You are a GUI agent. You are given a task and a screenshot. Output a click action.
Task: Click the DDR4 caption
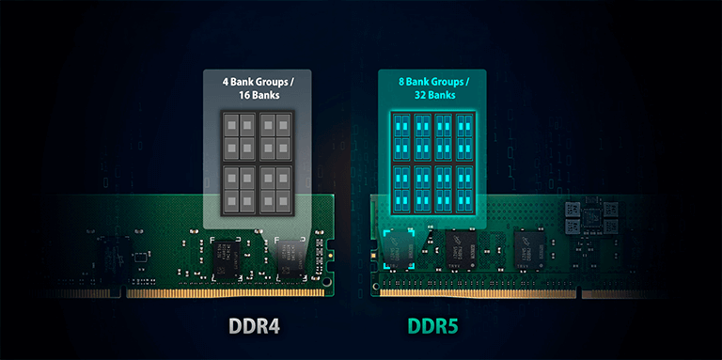coord(254,326)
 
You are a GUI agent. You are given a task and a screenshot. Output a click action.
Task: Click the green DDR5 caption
coord(432,326)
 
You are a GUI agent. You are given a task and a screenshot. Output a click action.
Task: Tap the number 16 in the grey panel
coord(244,95)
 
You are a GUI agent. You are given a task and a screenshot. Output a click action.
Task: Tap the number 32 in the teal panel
coord(419,95)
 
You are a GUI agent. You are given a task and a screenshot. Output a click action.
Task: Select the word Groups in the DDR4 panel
coord(271,83)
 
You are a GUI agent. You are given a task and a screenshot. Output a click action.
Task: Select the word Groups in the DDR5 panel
coord(447,83)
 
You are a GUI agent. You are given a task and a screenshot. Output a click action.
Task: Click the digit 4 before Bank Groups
coord(226,83)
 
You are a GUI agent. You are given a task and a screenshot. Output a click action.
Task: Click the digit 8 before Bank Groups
coord(402,83)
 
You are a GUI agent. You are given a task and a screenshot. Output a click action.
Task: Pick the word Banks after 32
coord(442,95)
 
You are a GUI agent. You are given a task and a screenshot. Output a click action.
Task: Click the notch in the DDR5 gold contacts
coord(579,292)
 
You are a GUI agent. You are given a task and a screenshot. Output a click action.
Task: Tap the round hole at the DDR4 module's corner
coord(326,281)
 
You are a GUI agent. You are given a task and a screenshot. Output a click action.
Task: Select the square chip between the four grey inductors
coord(590,215)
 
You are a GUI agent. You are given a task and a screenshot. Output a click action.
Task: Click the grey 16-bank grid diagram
coord(257,164)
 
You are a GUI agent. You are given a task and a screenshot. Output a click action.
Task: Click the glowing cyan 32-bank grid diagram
coord(432,164)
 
